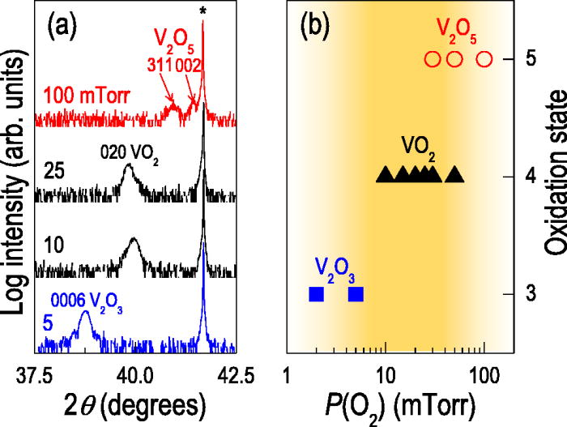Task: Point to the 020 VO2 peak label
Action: [129, 153]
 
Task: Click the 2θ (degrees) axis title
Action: [135, 404]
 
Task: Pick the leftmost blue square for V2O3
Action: [316, 293]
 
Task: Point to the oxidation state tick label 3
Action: [525, 293]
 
